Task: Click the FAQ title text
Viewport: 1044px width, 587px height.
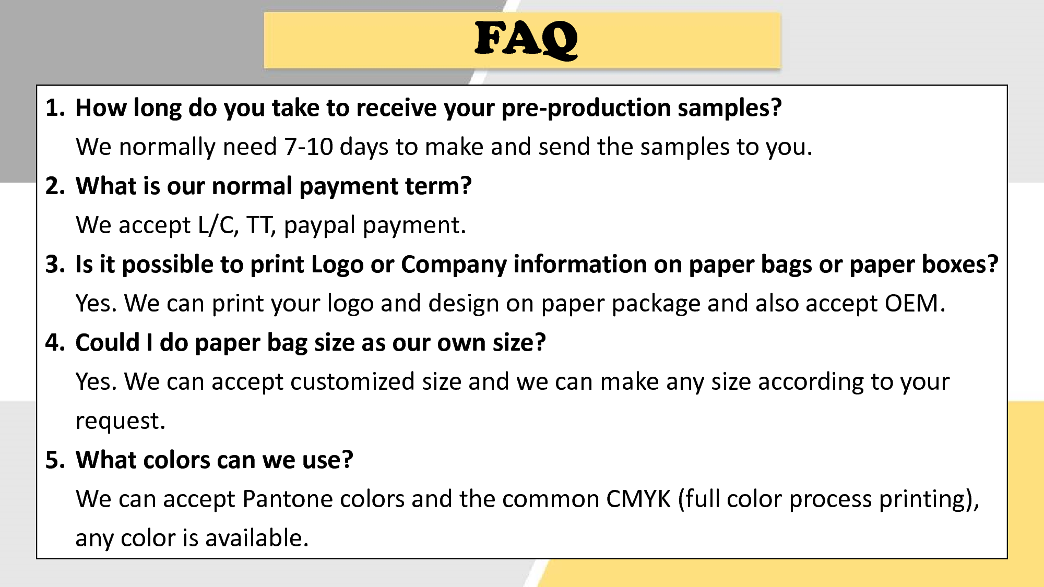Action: [x=526, y=40]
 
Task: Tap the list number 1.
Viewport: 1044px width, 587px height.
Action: [x=55, y=108]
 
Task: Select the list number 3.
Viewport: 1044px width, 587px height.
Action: [x=55, y=265]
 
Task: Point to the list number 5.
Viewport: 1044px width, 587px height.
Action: [x=55, y=460]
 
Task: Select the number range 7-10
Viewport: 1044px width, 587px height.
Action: [x=309, y=147]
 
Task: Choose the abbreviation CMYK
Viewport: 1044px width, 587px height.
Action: [x=638, y=499]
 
